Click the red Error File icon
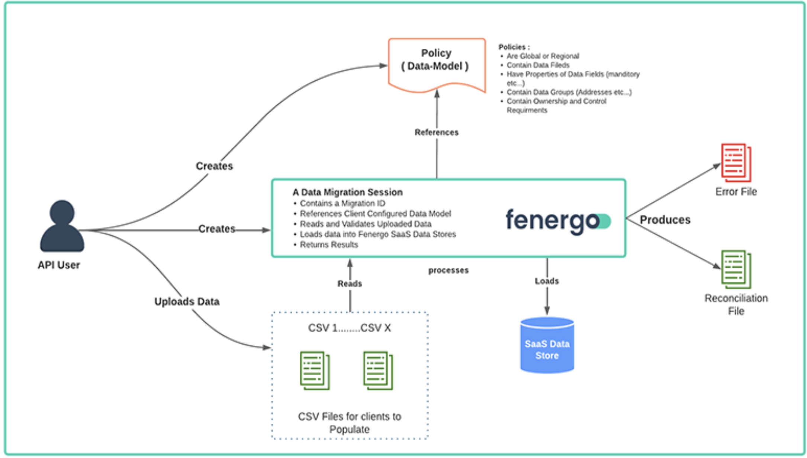(736, 162)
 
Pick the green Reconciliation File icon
(736, 269)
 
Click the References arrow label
(436, 132)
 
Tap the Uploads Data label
(187, 301)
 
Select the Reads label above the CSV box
(350, 284)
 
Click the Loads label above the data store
(547, 281)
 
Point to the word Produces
(665, 220)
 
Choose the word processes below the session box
(448, 270)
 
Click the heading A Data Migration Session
(347, 192)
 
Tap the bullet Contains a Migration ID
(342, 203)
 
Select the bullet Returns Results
(329, 245)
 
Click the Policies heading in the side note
(514, 47)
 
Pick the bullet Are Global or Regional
(543, 56)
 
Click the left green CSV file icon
(315, 371)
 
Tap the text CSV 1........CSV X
(349, 328)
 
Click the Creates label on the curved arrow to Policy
(214, 166)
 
